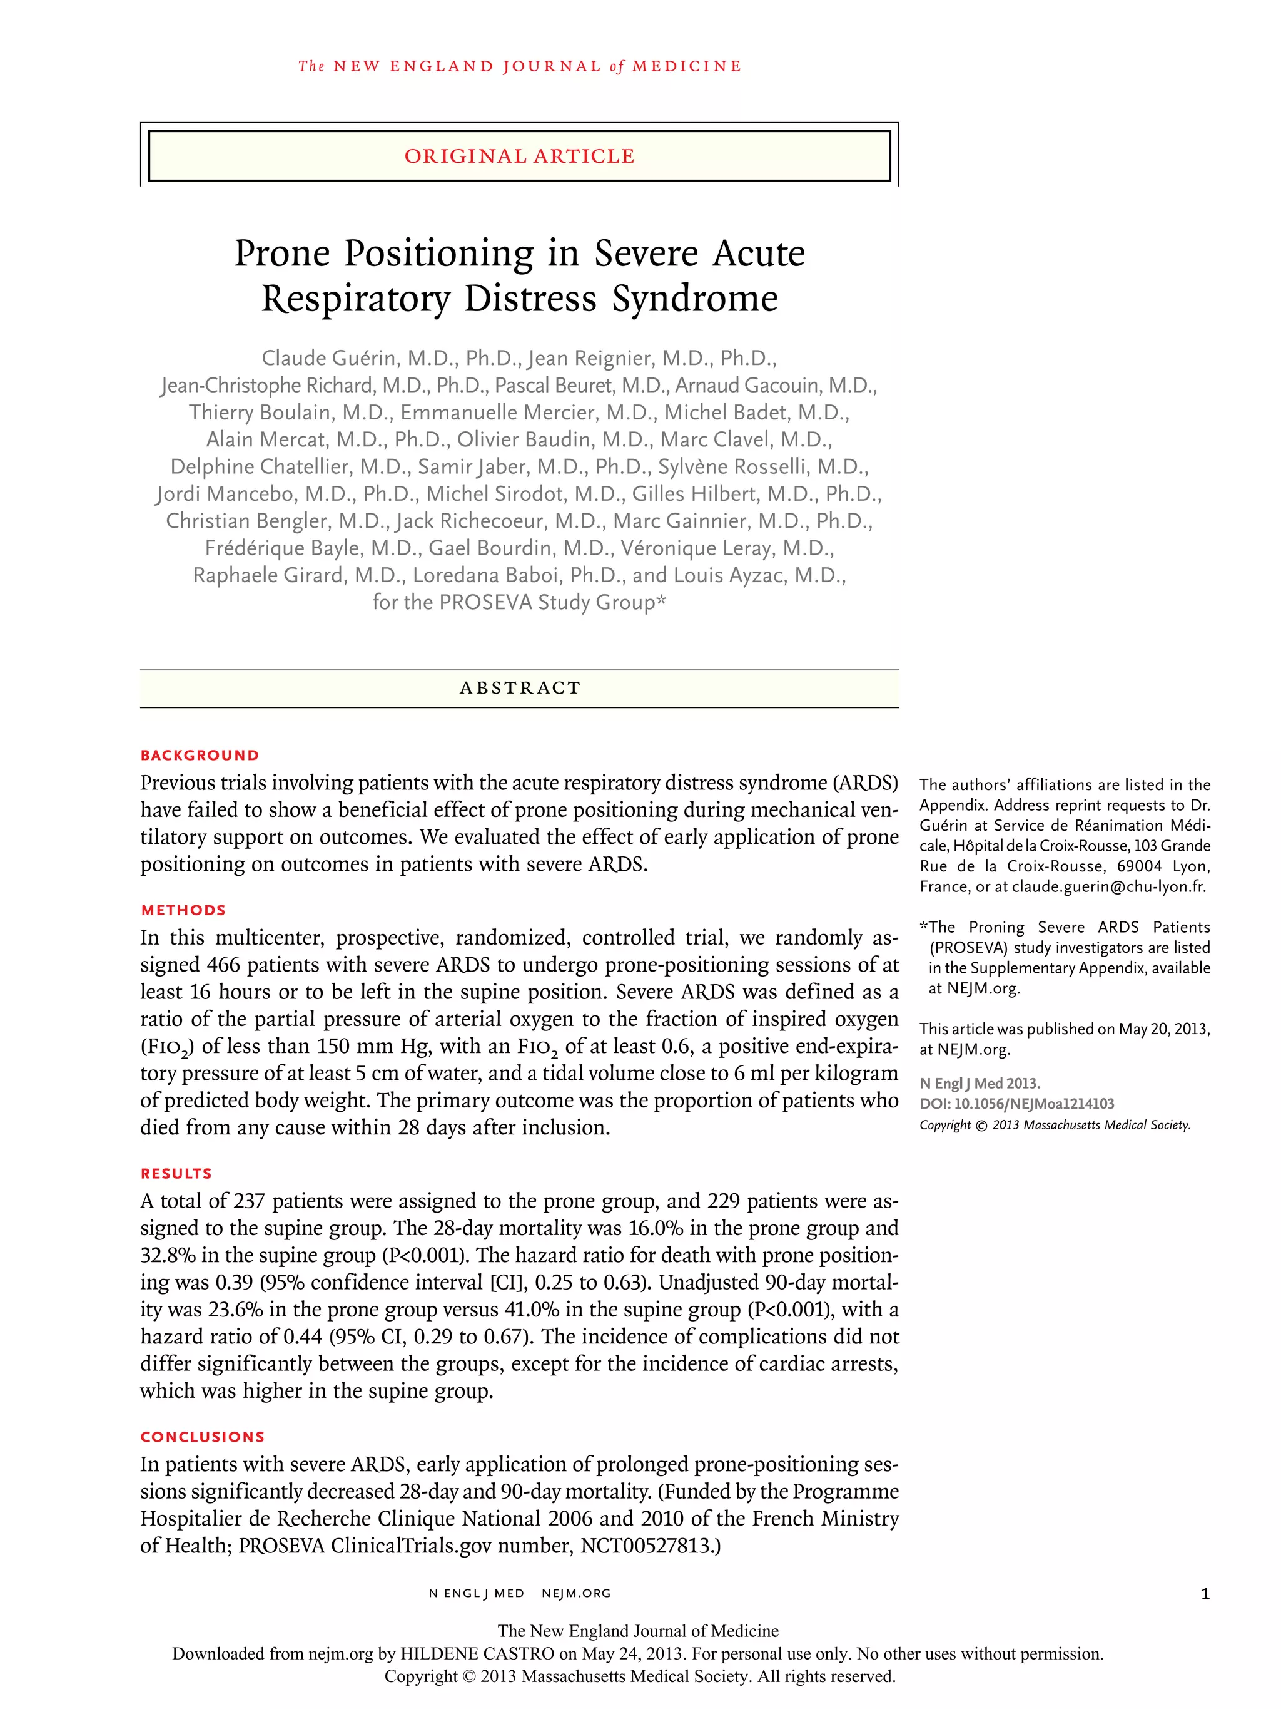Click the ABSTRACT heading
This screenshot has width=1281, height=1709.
519,687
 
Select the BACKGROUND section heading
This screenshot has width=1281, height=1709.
199,755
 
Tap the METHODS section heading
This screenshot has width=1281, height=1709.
183,910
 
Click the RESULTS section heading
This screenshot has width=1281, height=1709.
176,1174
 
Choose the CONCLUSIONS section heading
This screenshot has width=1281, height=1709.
202,1437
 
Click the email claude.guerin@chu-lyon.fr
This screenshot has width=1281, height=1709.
1108,886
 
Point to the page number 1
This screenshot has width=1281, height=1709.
1205,1594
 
